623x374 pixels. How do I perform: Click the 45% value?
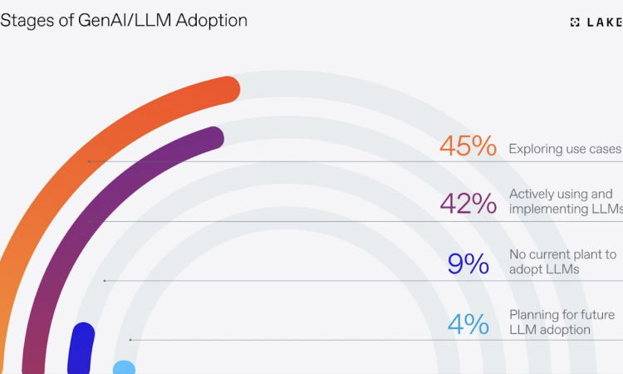(x=468, y=146)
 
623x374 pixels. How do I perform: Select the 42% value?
(x=468, y=203)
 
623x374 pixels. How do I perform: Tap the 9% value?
(x=468, y=263)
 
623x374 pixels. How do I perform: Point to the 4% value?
(x=468, y=323)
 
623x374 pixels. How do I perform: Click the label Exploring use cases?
(x=565, y=149)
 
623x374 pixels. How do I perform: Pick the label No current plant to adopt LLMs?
(x=562, y=262)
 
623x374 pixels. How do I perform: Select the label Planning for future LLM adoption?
(x=562, y=322)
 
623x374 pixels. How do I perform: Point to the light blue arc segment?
(x=124, y=367)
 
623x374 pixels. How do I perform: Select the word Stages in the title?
(x=25, y=19)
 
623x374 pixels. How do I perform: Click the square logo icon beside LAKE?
(x=575, y=22)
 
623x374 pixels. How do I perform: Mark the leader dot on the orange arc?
(x=89, y=161)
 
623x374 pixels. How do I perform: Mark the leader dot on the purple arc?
(x=89, y=221)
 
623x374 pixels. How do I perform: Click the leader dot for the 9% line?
(x=104, y=281)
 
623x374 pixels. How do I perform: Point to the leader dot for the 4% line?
(x=130, y=340)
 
